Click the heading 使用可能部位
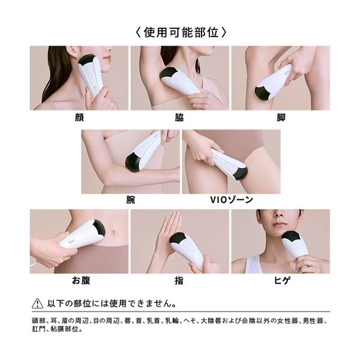[181, 32]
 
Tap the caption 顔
[79, 118]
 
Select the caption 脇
[179, 118]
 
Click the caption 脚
[281, 118]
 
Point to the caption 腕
[130, 200]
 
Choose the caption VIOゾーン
[232, 200]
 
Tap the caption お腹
[81, 280]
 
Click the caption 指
[179, 280]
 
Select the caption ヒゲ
[282, 280]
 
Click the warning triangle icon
[37, 304]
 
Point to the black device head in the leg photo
[263, 94]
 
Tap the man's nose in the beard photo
[279, 214]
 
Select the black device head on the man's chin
[291, 237]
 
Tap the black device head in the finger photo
[179, 238]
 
